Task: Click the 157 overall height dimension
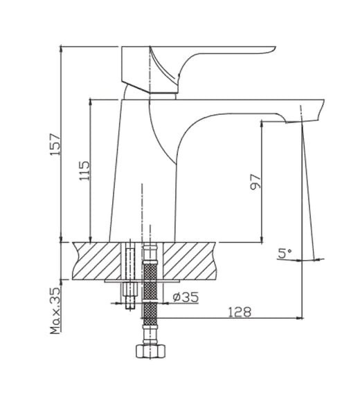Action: tap(56, 145)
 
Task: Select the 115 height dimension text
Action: tap(84, 170)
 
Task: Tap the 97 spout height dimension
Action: tap(255, 181)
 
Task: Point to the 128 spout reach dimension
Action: tap(240, 312)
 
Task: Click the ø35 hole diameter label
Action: tap(186, 297)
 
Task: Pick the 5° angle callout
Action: tap(285, 253)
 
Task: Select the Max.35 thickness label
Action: tap(55, 311)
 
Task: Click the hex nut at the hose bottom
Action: tap(150, 351)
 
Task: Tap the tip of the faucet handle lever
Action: tap(275, 48)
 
